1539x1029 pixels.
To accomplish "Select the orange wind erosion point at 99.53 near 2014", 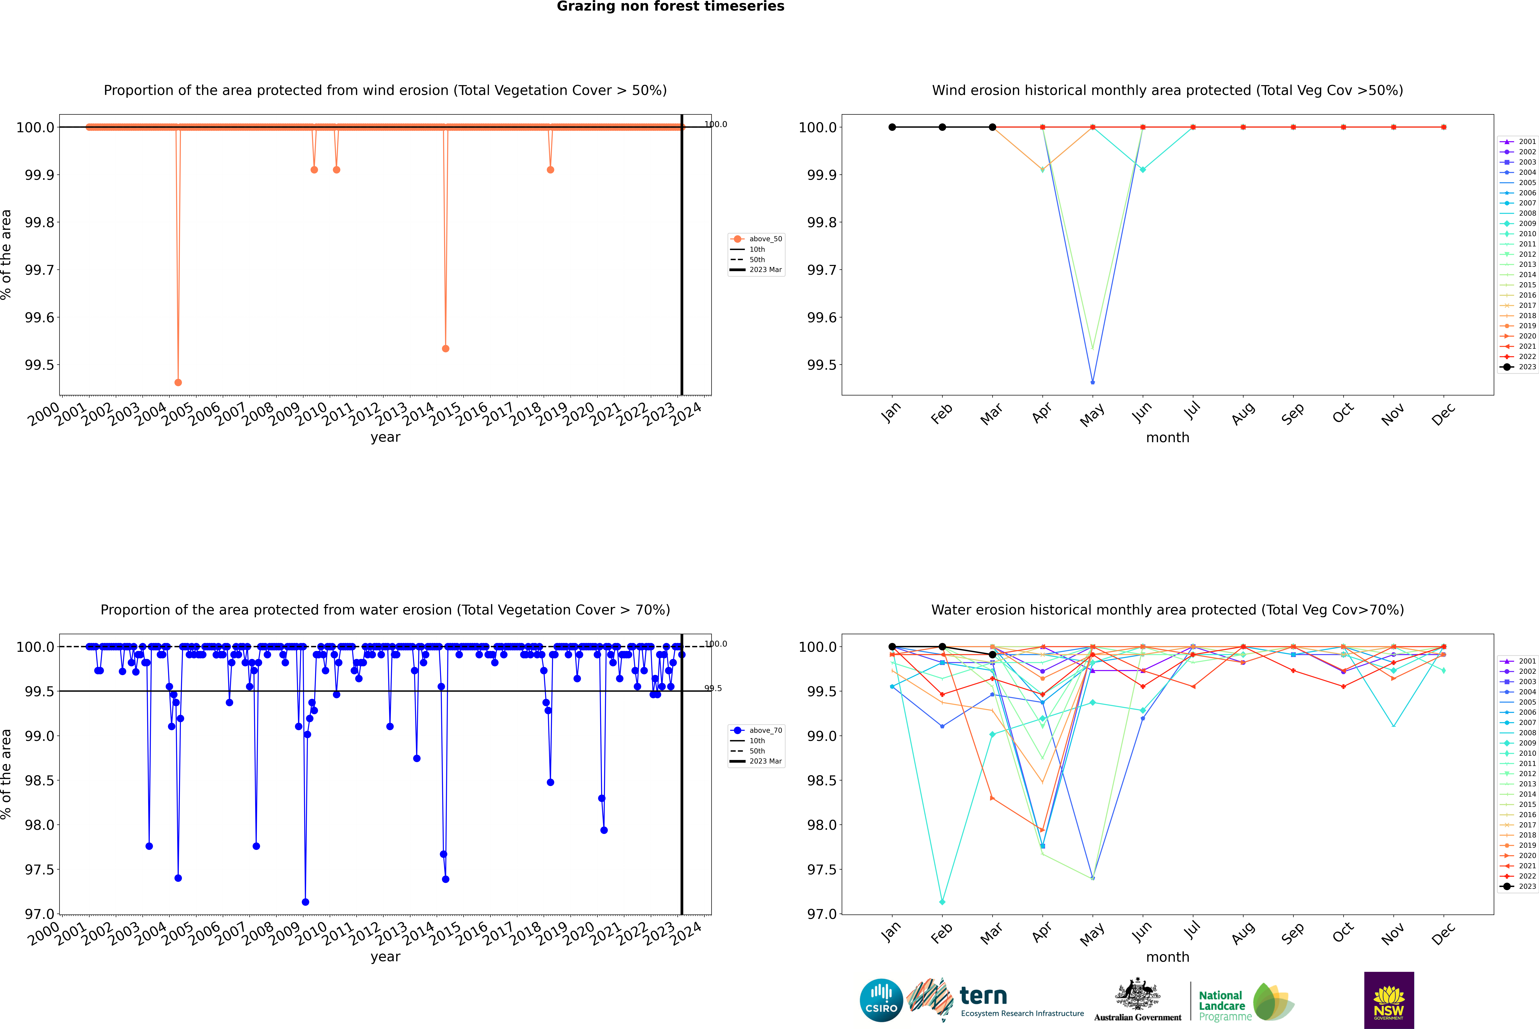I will coord(445,349).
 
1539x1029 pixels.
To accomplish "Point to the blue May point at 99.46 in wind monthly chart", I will coord(1092,382).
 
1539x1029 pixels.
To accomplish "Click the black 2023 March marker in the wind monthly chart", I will coord(992,127).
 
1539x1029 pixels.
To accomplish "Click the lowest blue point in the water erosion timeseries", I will coord(305,902).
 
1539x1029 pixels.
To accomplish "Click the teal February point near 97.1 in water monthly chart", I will coord(942,902).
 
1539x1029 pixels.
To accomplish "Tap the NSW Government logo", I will coord(1389,1000).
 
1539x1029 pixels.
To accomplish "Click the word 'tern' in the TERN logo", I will coord(983,996).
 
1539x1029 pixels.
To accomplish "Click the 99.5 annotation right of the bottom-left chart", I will coord(713,688).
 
